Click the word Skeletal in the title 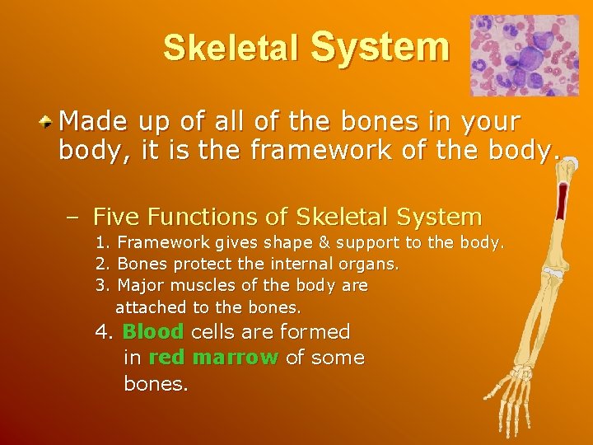pos(231,49)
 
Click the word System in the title pos(380,46)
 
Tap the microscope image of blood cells pos(524,55)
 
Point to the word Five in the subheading pos(117,218)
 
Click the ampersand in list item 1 pos(306,243)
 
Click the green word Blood pos(152,332)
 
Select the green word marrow pos(235,358)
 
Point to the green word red pos(167,358)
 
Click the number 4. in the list pos(105,332)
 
